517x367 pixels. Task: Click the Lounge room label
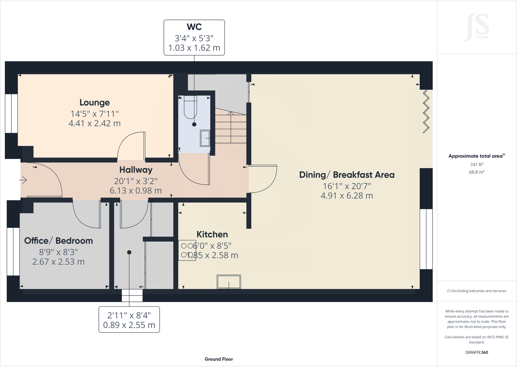[x=95, y=103]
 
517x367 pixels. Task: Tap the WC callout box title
[x=194, y=27]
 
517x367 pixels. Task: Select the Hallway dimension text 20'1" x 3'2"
[x=136, y=181]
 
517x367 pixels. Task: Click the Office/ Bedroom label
[x=59, y=241]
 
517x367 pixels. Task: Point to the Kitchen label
[x=212, y=234]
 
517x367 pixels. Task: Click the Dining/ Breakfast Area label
[x=347, y=175]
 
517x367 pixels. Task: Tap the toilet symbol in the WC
[x=191, y=107]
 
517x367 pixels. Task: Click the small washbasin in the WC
[x=205, y=138]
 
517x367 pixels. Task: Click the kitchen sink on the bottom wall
[x=229, y=282]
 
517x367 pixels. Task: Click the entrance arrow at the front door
[x=23, y=180]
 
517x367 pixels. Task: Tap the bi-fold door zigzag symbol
[x=426, y=111]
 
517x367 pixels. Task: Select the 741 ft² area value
[x=477, y=165]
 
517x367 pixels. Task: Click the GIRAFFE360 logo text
[x=477, y=352]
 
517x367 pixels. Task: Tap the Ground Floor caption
[x=219, y=359]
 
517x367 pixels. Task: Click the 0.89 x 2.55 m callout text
[x=129, y=325]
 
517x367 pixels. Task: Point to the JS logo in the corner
[x=477, y=27]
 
